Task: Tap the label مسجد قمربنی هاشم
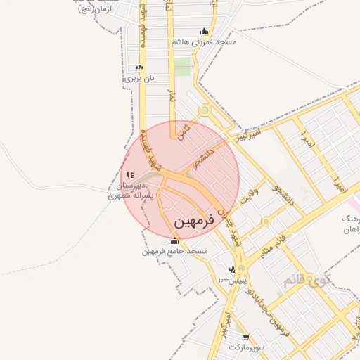[204, 43]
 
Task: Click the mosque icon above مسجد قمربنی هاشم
[204, 32]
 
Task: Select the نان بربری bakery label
[139, 78]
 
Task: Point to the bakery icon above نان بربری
[139, 67]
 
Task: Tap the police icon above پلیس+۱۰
[231, 269]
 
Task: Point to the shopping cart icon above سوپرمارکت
[245, 337]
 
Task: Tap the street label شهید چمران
[224, 226]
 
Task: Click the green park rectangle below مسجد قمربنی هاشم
[182, 67]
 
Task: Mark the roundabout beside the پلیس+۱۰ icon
[242, 269]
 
